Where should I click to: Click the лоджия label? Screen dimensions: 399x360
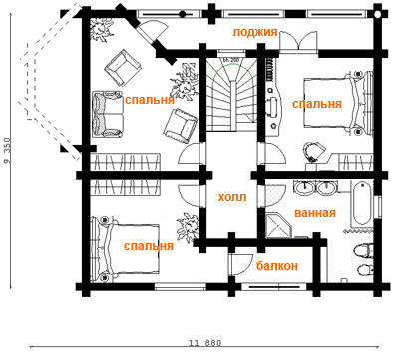[254, 32]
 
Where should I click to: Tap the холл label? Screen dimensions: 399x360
[232, 197]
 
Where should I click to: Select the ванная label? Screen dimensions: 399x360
[315, 213]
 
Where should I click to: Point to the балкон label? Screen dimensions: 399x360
[277, 266]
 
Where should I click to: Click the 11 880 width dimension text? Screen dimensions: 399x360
[205, 343]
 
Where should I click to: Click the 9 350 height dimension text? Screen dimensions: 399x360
[7, 150]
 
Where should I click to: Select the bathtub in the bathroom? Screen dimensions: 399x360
[362, 204]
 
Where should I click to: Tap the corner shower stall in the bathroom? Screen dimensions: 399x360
[278, 226]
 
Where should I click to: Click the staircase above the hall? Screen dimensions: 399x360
[231, 95]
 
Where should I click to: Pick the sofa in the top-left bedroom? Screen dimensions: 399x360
[107, 114]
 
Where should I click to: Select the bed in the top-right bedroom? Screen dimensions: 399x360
[338, 103]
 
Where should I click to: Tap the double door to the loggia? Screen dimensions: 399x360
[299, 42]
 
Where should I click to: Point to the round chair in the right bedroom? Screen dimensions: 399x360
[314, 151]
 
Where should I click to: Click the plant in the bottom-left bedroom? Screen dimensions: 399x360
[188, 227]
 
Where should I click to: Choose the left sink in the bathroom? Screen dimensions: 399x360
[304, 188]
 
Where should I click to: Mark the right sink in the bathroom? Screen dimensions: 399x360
[327, 188]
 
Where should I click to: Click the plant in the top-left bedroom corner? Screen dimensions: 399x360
[101, 29]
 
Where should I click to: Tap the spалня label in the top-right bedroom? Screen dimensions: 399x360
[317, 104]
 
